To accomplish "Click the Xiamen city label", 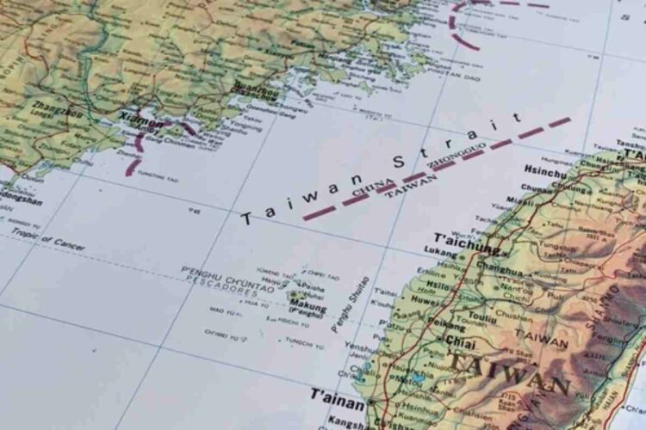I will (x=141, y=123).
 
